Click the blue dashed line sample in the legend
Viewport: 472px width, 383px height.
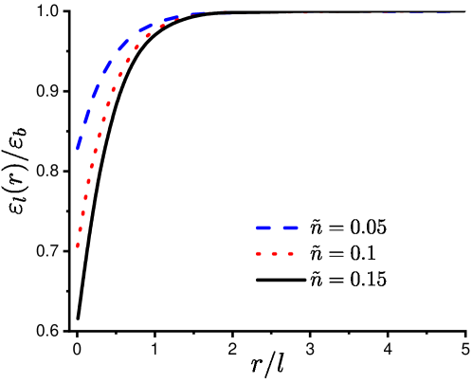point(276,228)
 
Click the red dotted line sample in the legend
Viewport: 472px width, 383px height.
point(274,253)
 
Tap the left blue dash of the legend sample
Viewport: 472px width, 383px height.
point(263,228)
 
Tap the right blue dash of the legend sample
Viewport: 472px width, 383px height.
point(289,228)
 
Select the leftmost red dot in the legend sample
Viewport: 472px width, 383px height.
point(258,253)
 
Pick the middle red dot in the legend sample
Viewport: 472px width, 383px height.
point(274,253)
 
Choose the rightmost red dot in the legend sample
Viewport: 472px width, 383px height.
point(290,253)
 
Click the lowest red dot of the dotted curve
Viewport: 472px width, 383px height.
point(78,246)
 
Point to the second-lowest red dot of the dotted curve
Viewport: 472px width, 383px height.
point(81,228)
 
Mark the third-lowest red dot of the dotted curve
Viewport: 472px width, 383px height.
point(83,213)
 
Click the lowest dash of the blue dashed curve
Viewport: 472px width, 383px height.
point(80,142)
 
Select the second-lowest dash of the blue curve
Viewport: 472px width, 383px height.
point(87,117)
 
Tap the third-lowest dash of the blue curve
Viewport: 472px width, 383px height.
point(96,92)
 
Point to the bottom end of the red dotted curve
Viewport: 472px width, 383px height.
point(78,247)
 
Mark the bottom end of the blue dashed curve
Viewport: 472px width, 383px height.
point(77,150)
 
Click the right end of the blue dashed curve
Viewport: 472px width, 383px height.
point(451,13)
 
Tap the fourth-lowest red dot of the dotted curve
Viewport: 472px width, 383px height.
point(86,197)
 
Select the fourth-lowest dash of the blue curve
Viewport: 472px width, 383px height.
point(107,67)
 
